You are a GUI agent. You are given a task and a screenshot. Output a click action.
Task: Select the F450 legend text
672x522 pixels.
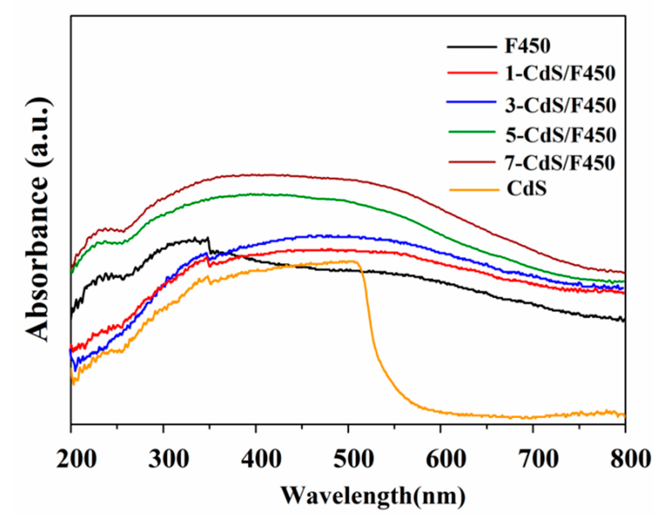pos(527,46)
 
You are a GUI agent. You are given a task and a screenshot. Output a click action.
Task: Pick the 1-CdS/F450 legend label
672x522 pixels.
pos(560,73)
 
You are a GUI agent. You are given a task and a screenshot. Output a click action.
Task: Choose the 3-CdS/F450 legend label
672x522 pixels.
pos(560,105)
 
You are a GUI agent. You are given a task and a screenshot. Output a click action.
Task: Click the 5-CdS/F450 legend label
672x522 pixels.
pos(561,135)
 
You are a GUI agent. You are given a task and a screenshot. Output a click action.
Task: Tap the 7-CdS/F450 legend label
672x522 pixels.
pos(560,163)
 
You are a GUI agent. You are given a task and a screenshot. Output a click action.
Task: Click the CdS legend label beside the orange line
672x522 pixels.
pos(526,189)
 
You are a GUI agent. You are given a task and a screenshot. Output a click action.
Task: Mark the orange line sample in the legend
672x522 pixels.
pos(474,189)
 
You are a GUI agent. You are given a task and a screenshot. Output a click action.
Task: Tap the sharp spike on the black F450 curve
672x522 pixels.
pos(208,239)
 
